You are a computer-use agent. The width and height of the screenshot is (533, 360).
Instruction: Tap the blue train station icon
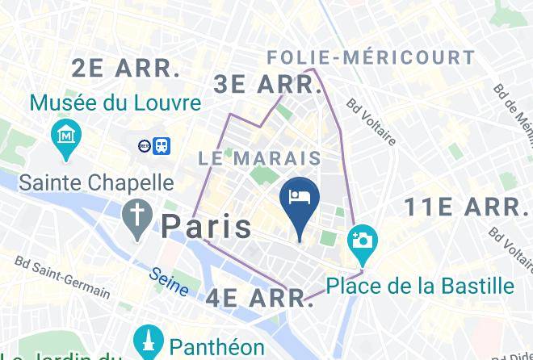162,145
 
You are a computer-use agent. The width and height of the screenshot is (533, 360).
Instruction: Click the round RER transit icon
144,145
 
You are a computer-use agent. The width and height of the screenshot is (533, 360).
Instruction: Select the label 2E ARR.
125,69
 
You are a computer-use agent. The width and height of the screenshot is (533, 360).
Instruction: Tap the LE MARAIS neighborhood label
260,158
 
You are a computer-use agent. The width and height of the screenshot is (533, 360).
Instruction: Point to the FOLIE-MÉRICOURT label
371,57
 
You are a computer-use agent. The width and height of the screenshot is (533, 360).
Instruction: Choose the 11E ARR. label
466,207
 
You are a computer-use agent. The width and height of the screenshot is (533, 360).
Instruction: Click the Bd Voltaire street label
371,122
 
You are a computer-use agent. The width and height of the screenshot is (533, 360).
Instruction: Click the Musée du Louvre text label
115,103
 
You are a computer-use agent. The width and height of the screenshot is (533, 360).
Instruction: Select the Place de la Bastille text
420,286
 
